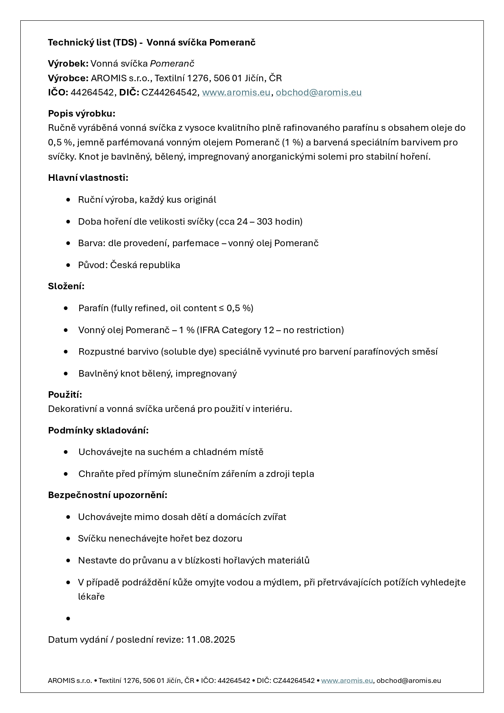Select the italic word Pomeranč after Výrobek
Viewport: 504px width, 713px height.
172,63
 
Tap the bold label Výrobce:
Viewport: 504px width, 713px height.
68,78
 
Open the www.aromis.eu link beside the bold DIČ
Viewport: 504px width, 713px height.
236,92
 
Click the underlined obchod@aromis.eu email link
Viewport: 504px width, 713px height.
318,92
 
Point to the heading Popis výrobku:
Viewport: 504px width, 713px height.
82,113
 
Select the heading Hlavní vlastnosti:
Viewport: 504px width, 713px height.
88,178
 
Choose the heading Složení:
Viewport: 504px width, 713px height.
66,286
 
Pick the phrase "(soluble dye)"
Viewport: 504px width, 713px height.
188,351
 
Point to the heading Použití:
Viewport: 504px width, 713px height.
65,394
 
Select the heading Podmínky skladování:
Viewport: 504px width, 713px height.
98,430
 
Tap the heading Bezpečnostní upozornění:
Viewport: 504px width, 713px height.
108,495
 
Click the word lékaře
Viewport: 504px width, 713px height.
91,596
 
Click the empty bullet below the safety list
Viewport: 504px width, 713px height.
68,618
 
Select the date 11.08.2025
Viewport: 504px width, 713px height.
210,639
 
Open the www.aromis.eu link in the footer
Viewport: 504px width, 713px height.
347,680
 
